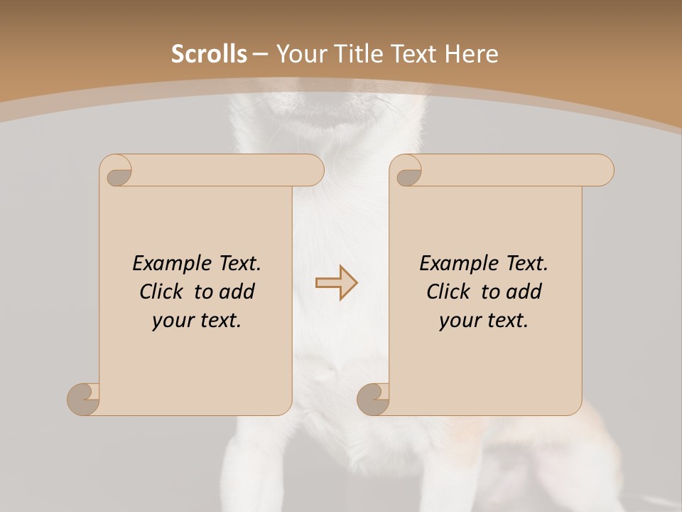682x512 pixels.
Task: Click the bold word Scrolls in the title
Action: (209, 54)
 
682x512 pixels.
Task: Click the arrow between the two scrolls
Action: (336, 283)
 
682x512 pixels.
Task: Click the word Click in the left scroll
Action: (164, 292)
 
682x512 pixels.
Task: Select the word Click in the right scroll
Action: (451, 292)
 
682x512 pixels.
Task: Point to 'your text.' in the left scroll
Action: (197, 321)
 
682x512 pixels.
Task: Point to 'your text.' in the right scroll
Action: (484, 321)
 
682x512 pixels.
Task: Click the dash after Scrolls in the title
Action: (260, 54)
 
